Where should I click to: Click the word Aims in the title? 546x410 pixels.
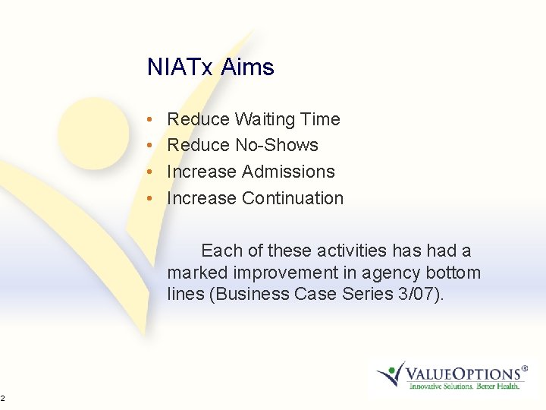point(247,68)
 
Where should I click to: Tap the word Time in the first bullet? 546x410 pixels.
point(321,119)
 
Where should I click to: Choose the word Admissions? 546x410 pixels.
point(288,172)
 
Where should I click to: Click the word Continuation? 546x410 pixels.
point(293,198)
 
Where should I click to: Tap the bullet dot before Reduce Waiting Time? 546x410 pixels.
point(152,120)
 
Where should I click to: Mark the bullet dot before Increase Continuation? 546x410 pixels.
point(152,199)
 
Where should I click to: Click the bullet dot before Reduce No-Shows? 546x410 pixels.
point(152,146)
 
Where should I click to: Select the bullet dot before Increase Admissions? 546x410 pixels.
point(152,172)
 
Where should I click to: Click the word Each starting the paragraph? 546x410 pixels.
point(221,251)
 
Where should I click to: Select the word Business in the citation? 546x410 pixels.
point(251,294)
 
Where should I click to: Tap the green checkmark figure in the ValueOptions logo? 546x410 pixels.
point(392,372)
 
